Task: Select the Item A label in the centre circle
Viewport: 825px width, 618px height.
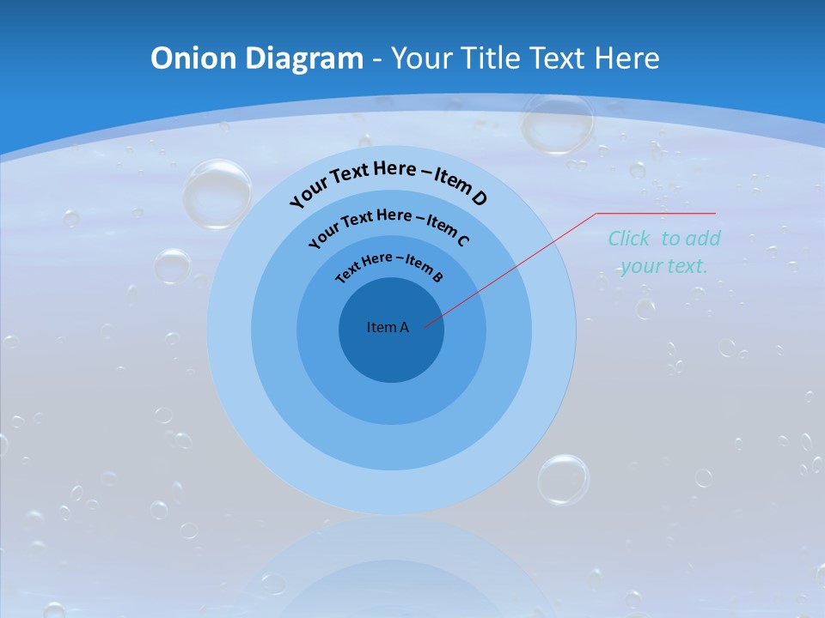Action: [x=388, y=327]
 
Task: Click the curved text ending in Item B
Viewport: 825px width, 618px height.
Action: [x=388, y=265]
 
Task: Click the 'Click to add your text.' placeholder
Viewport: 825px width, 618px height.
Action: [x=664, y=252]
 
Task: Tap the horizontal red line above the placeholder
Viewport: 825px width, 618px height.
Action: [x=657, y=213]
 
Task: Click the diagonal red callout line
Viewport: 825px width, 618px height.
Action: [x=516, y=266]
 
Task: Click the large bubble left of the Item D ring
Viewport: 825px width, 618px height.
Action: [x=217, y=194]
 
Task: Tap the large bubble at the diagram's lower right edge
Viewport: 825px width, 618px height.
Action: [x=564, y=479]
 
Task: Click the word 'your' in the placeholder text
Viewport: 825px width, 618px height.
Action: [x=639, y=266]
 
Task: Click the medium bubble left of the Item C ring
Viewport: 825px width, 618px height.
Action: [x=172, y=265]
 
